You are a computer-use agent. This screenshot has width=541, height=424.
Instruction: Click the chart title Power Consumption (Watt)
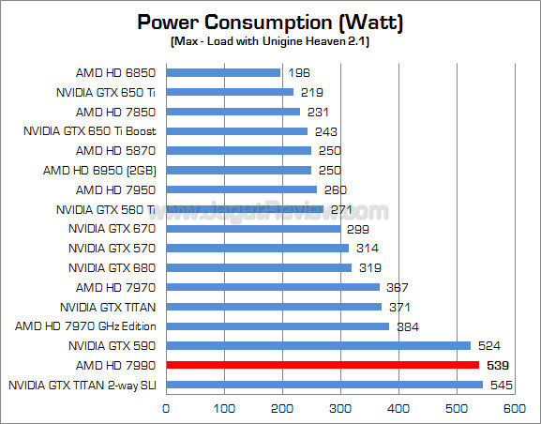tap(272, 22)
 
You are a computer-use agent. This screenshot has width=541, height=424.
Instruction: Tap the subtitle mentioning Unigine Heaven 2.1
tap(272, 43)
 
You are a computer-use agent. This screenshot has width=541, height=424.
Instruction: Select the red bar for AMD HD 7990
tap(323, 365)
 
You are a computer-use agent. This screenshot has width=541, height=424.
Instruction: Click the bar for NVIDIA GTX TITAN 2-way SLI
tap(324, 385)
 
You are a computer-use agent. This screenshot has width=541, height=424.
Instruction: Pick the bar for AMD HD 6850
tap(223, 72)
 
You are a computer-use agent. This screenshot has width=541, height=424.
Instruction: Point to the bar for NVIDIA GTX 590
tap(318, 345)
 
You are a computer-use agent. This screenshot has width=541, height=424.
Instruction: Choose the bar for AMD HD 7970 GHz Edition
tap(278, 326)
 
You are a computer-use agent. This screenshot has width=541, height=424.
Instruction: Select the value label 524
tap(491, 345)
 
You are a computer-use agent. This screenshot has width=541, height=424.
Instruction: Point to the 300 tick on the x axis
tap(340, 409)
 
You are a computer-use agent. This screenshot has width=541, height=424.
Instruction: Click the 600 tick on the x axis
tap(515, 409)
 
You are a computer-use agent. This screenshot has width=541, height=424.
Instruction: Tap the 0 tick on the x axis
tap(166, 409)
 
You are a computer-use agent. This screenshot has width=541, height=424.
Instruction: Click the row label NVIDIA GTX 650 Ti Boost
tap(89, 130)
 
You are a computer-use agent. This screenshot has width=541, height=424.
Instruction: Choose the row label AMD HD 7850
tap(115, 111)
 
